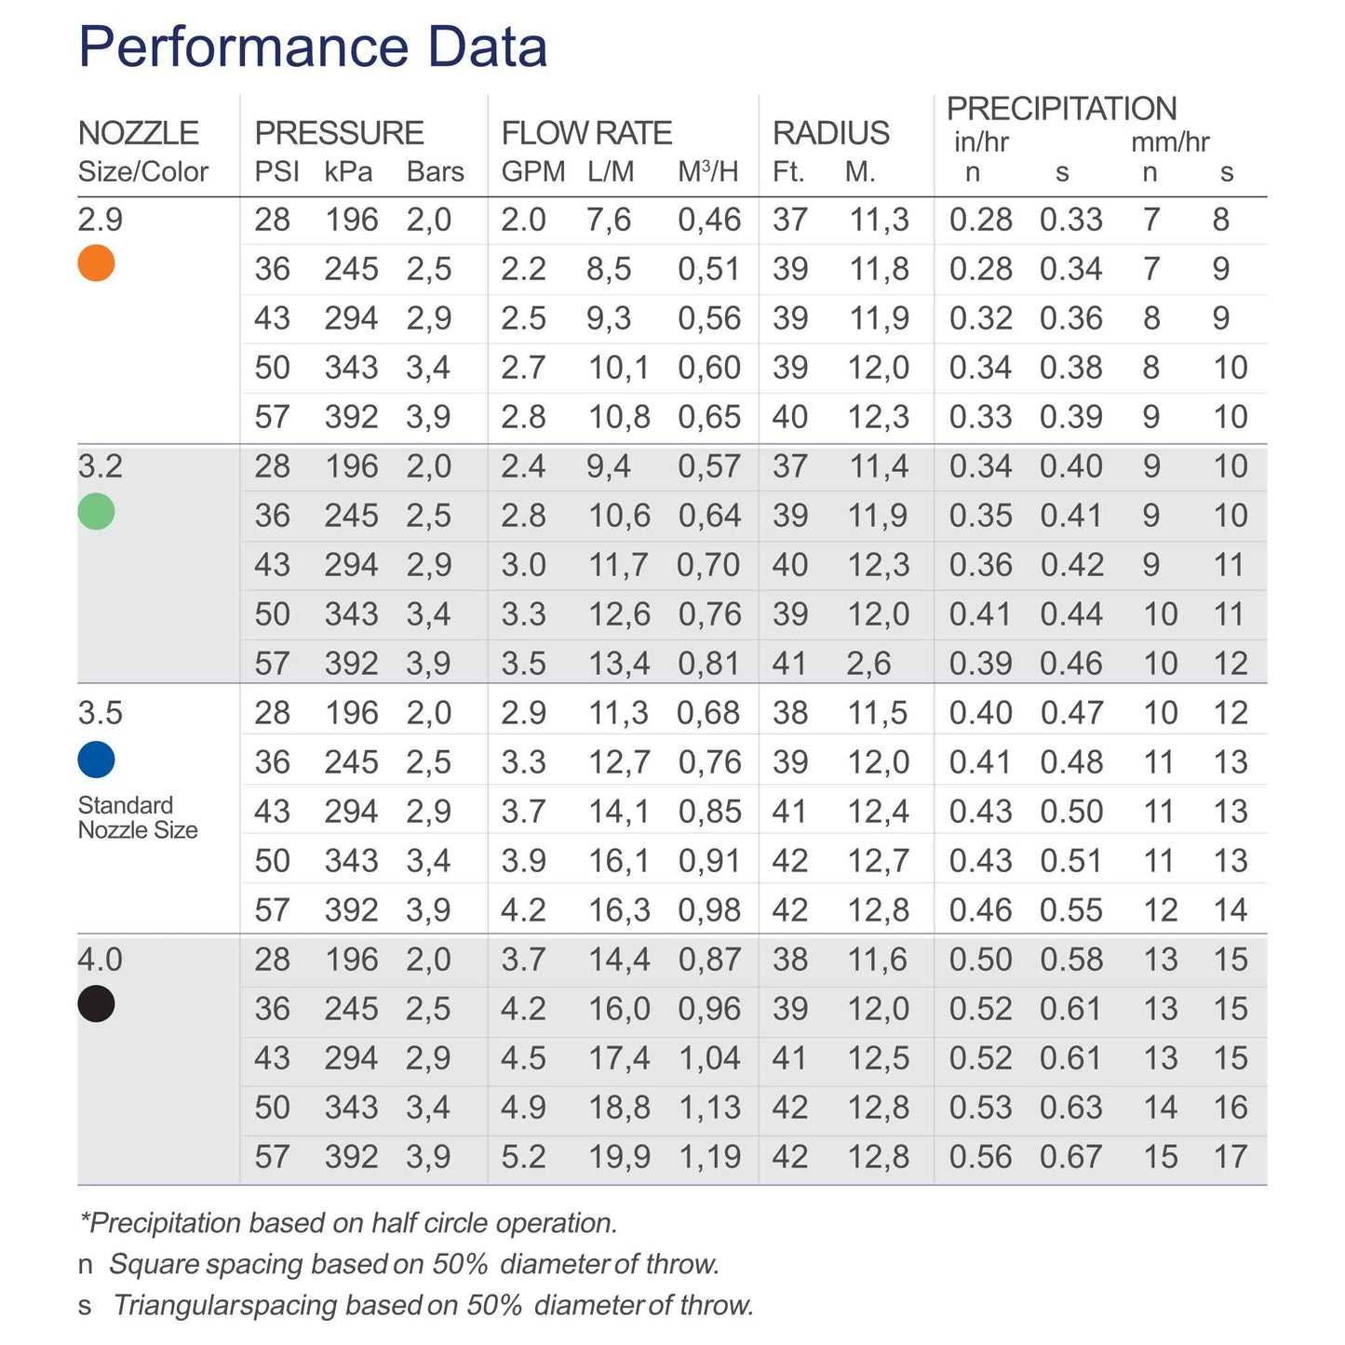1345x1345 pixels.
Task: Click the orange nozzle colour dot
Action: (x=96, y=263)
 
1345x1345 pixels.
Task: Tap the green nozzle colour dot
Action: (x=96, y=511)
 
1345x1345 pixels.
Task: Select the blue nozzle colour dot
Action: (x=96, y=760)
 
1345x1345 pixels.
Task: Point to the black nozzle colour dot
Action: (x=96, y=1003)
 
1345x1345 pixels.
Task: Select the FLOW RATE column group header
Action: (x=586, y=133)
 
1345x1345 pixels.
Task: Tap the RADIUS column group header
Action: (x=830, y=133)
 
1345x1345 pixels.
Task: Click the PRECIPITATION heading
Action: (x=1061, y=109)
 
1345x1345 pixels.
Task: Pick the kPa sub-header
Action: (x=348, y=172)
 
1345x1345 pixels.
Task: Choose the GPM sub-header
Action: (x=532, y=172)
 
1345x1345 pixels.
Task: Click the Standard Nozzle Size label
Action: (x=138, y=817)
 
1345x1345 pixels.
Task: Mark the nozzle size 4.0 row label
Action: (x=100, y=960)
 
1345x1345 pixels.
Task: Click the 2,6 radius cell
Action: (x=868, y=664)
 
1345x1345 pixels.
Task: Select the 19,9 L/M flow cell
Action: (x=618, y=1157)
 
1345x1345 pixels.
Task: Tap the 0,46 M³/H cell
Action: (x=708, y=221)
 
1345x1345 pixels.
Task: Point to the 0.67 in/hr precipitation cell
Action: (x=1070, y=1157)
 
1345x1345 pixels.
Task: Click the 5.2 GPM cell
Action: (x=523, y=1157)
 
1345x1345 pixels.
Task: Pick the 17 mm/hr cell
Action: (x=1230, y=1157)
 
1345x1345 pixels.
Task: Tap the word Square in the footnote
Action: (x=152, y=1264)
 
